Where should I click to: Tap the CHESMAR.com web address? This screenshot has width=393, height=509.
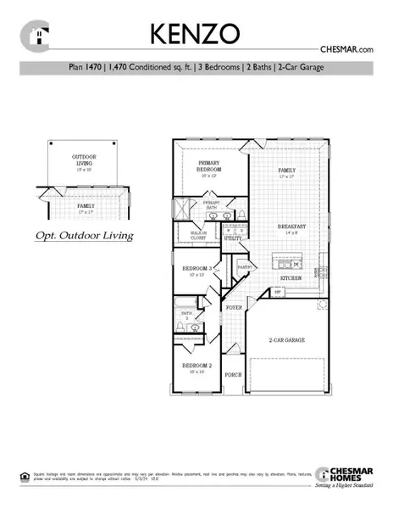[x=349, y=51]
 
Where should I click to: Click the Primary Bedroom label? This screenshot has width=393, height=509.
[x=208, y=166]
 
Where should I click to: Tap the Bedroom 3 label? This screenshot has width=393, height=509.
[x=196, y=271]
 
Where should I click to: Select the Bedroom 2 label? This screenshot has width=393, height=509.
[x=196, y=367]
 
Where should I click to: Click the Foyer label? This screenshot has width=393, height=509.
[x=233, y=297]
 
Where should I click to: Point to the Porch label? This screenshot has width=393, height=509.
[x=233, y=374]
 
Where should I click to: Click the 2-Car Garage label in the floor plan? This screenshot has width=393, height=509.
[x=287, y=340]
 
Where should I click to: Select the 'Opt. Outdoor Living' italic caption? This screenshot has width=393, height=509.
[x=84, y=235]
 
